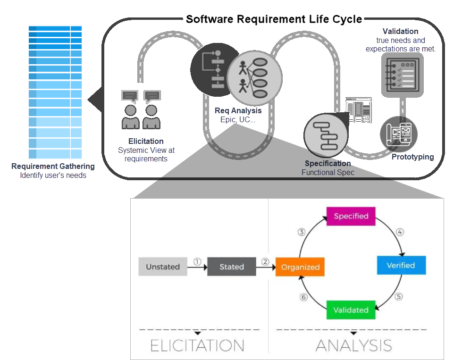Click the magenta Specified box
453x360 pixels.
click(351, 216)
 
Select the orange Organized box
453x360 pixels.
click(300, 267)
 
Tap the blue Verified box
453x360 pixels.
click(401, 265)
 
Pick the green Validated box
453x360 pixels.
click(351, 310)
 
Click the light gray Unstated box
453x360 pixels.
click(163, 267)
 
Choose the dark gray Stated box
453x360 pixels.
click(231, 267)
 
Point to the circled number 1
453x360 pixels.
click(197, 262)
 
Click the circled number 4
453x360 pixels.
click(400, 232)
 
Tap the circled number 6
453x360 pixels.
click(303, 297)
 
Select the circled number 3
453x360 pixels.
click(302, 232)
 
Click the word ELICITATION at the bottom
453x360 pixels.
click(197, 345)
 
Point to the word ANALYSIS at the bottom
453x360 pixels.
click(353, 345)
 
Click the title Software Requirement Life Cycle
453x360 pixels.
click(274, 19)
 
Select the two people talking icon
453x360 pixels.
click(141, 109)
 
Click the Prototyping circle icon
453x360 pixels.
click(399, 134)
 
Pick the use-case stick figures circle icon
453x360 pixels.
click(254, 78)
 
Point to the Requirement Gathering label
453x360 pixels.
click(53, 166)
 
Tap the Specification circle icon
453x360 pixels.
click(326, 135)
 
